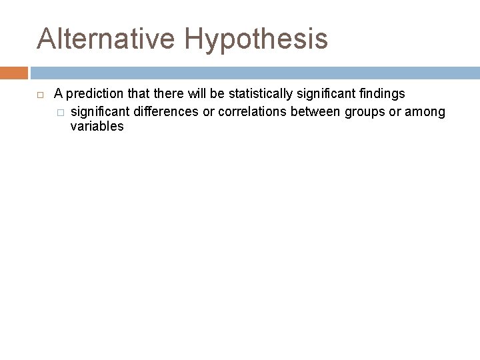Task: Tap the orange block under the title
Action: pos(14,73)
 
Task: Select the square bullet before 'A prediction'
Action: pos(40,95)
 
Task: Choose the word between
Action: pos(315,111)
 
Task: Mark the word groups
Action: pos(365,111)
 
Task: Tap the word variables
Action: pos(97,127)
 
